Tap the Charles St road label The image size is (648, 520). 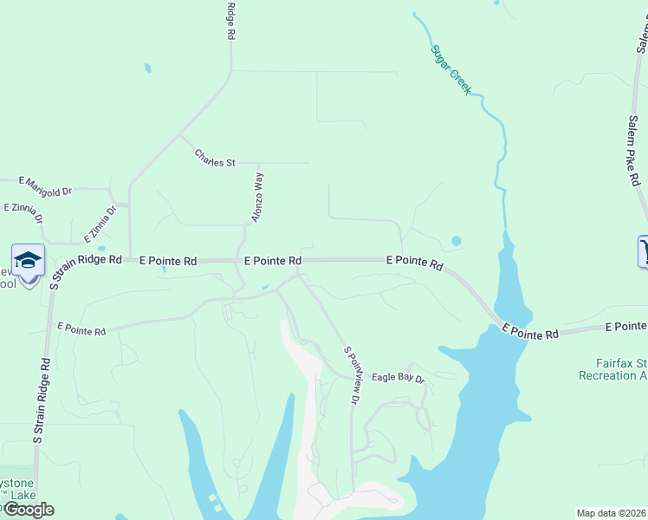pos(215,159)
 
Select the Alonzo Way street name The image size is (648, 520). pos(257,198)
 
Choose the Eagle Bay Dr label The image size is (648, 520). pos(399,379)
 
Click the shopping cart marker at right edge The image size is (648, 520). pos(643,251)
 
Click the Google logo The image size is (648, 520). pos(28,510)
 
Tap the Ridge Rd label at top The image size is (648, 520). pos(231,22)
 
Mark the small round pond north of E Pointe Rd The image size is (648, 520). pos(456,241)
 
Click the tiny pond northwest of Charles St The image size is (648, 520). pos(147,68)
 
